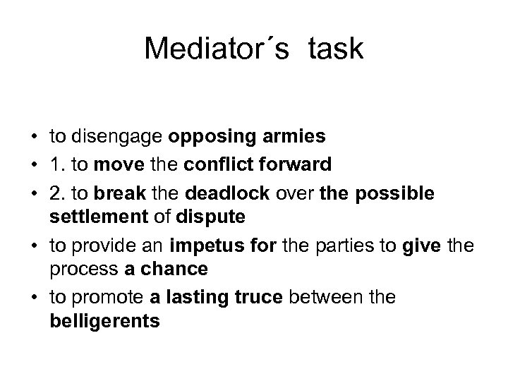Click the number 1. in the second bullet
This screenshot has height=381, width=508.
click(x=58, y=165)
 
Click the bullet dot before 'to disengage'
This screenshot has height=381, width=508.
click(x=34, y=135)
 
